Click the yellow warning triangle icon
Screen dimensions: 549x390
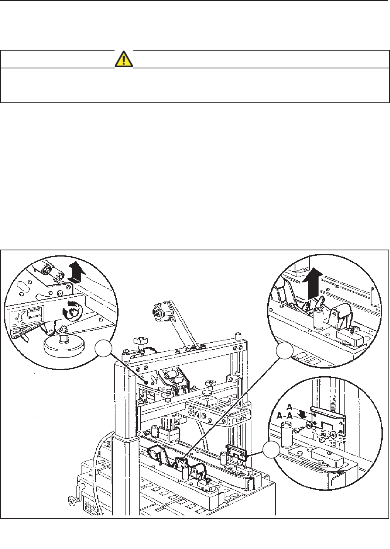click(x=124, y=59)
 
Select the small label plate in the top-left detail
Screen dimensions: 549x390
click(x=36, y=313)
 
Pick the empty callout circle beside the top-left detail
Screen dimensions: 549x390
click(x=103, y=350)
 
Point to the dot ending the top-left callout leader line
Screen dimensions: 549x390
click(x=146, y=382)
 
